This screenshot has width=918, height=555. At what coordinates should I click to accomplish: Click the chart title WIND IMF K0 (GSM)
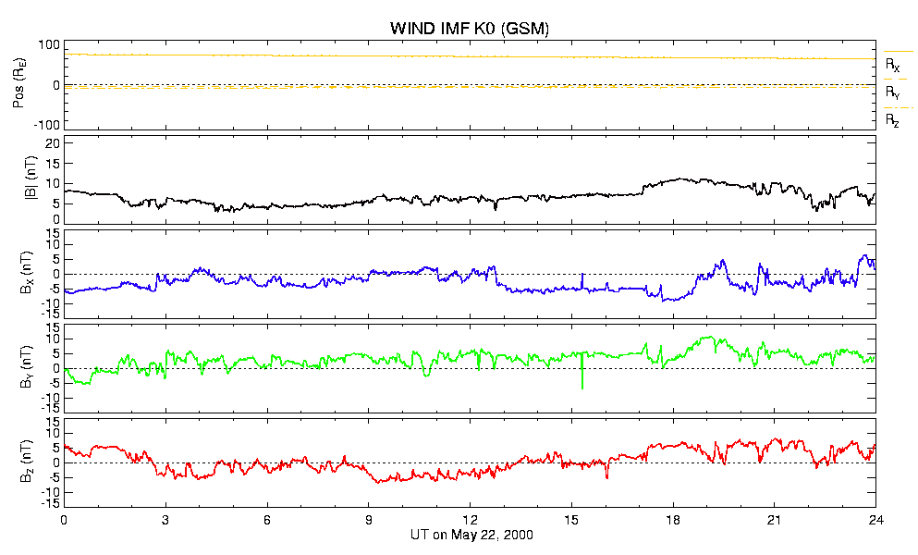click(470, 28)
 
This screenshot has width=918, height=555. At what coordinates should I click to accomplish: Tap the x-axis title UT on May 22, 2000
click(471, 535)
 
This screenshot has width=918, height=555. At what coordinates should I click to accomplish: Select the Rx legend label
click(892, 65)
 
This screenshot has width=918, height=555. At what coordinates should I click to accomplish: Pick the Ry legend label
click(892, 92)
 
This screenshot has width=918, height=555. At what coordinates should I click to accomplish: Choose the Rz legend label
click(892, 121)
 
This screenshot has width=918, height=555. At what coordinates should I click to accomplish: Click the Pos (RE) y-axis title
click(19, 85)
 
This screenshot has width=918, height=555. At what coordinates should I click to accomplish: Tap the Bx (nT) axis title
click(26, 273)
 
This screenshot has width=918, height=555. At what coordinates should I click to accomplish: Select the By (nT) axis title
click(26, 367)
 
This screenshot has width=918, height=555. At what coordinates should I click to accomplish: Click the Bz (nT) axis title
click(26, 462)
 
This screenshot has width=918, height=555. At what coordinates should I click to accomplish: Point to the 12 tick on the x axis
click(470, 519)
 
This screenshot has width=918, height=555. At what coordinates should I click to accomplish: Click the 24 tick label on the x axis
click(875, 519)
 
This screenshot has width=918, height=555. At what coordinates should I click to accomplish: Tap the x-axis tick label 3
click(165, 519)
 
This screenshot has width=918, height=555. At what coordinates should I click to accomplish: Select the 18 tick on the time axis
click(673, 519)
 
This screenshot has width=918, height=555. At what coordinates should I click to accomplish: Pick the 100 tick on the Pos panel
click(49, 45)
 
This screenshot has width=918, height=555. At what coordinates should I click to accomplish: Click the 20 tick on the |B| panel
click(53, 143)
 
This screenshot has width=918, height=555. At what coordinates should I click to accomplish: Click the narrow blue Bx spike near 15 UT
click(582, 280)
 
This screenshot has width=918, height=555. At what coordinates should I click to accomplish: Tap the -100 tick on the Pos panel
click(47, 125)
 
